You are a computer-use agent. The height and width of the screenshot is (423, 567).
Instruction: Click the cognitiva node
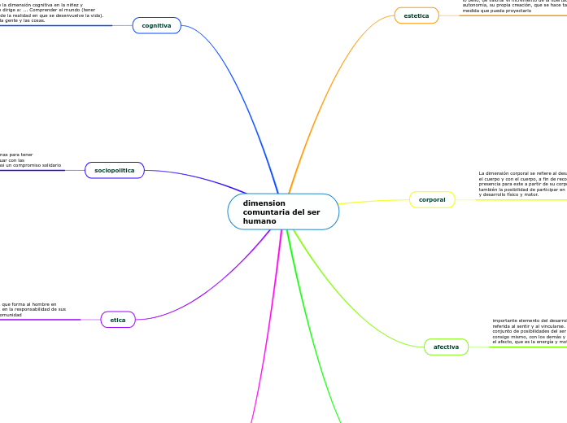[156, 26]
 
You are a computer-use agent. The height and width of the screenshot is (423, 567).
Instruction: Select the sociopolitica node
[115, 171]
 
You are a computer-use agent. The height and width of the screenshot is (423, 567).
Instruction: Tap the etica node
[118, 320]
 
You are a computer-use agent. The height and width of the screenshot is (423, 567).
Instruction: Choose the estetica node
[417, 15]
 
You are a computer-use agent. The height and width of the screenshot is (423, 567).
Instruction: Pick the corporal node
[432, 200]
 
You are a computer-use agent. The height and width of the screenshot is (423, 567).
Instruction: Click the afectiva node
[446, 347]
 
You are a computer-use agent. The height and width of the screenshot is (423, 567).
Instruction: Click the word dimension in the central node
[264, 203]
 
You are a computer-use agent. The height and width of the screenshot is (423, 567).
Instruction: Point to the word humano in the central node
[260, 221]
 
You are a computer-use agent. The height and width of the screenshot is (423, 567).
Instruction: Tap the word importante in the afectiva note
[508, 321]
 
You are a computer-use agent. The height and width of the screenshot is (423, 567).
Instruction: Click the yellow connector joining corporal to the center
[374, 201]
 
